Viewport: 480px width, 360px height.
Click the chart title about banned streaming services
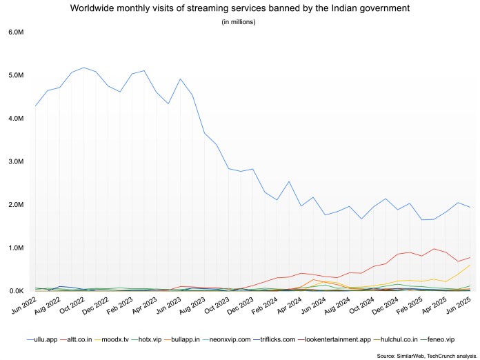coord(239,8)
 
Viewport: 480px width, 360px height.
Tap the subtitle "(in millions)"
coord(239,22)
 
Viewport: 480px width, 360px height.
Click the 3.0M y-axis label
coord(15,162)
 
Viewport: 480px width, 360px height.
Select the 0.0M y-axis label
coord(15,291)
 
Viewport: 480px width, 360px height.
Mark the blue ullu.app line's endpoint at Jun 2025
coord(470,208)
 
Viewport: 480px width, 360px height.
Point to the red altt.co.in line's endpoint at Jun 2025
coord(470,257)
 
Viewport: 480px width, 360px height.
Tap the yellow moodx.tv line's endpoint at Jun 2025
coord(470,265)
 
